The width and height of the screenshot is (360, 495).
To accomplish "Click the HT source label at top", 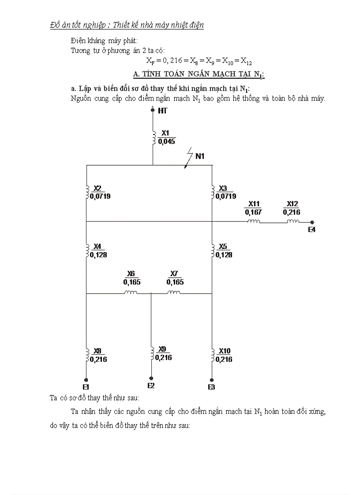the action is coord(163,111).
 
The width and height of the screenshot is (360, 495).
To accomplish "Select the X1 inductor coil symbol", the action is coord(154,137).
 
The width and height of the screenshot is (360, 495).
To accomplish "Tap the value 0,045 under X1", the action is coord(166,141).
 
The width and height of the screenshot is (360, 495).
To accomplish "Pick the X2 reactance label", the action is coord(97,188).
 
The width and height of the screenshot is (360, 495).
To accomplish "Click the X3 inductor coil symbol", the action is coord(213,192).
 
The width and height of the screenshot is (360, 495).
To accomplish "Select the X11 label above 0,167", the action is coord(253,204).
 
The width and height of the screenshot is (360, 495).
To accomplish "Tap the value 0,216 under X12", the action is coord(292,212).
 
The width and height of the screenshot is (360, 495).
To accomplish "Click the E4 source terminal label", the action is coord(311,230).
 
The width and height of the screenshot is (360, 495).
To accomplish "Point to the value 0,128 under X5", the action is coord(224,255).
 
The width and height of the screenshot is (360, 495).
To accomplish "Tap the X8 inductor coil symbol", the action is coord(86,355).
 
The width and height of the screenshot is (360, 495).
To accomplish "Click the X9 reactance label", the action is coord(162,349).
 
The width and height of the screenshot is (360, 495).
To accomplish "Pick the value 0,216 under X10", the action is coord(224,359).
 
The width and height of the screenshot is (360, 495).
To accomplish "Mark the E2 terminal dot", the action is coord(151,379).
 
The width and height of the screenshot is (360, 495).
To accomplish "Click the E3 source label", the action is coord(211,387).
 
